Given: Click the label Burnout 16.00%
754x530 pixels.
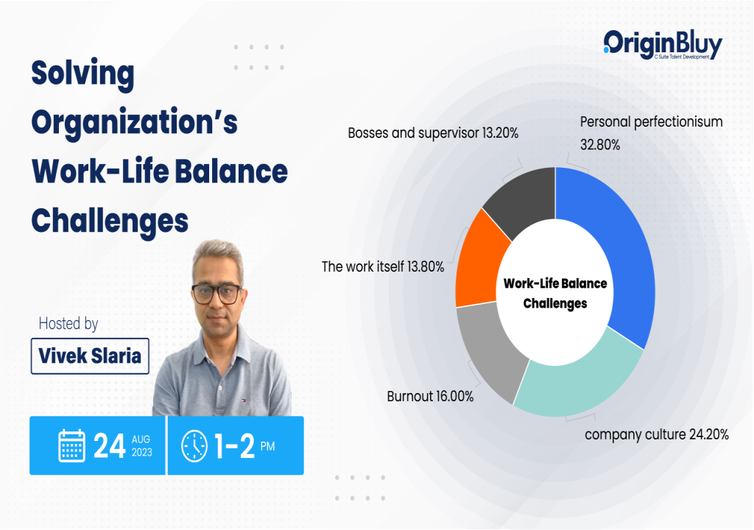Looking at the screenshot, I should [430, 397].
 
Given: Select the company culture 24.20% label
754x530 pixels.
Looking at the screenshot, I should [656, 434].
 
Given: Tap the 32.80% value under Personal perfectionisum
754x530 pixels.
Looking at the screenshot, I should [600, 145].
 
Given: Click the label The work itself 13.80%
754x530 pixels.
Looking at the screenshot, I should [383, 267].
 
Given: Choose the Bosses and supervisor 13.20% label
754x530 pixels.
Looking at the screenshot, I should [433, 133].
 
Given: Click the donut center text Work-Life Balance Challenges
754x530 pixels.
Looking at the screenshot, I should [555, 293].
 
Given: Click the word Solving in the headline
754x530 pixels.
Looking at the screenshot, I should [82, 74].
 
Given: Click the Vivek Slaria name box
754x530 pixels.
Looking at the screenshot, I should [90, 356].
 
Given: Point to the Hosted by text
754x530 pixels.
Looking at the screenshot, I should [68, 324].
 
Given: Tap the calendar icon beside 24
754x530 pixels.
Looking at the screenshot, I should [72, 446].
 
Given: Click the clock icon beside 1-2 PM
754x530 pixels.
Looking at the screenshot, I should [194, 446].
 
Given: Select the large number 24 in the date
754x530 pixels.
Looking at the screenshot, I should [109, 446].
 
